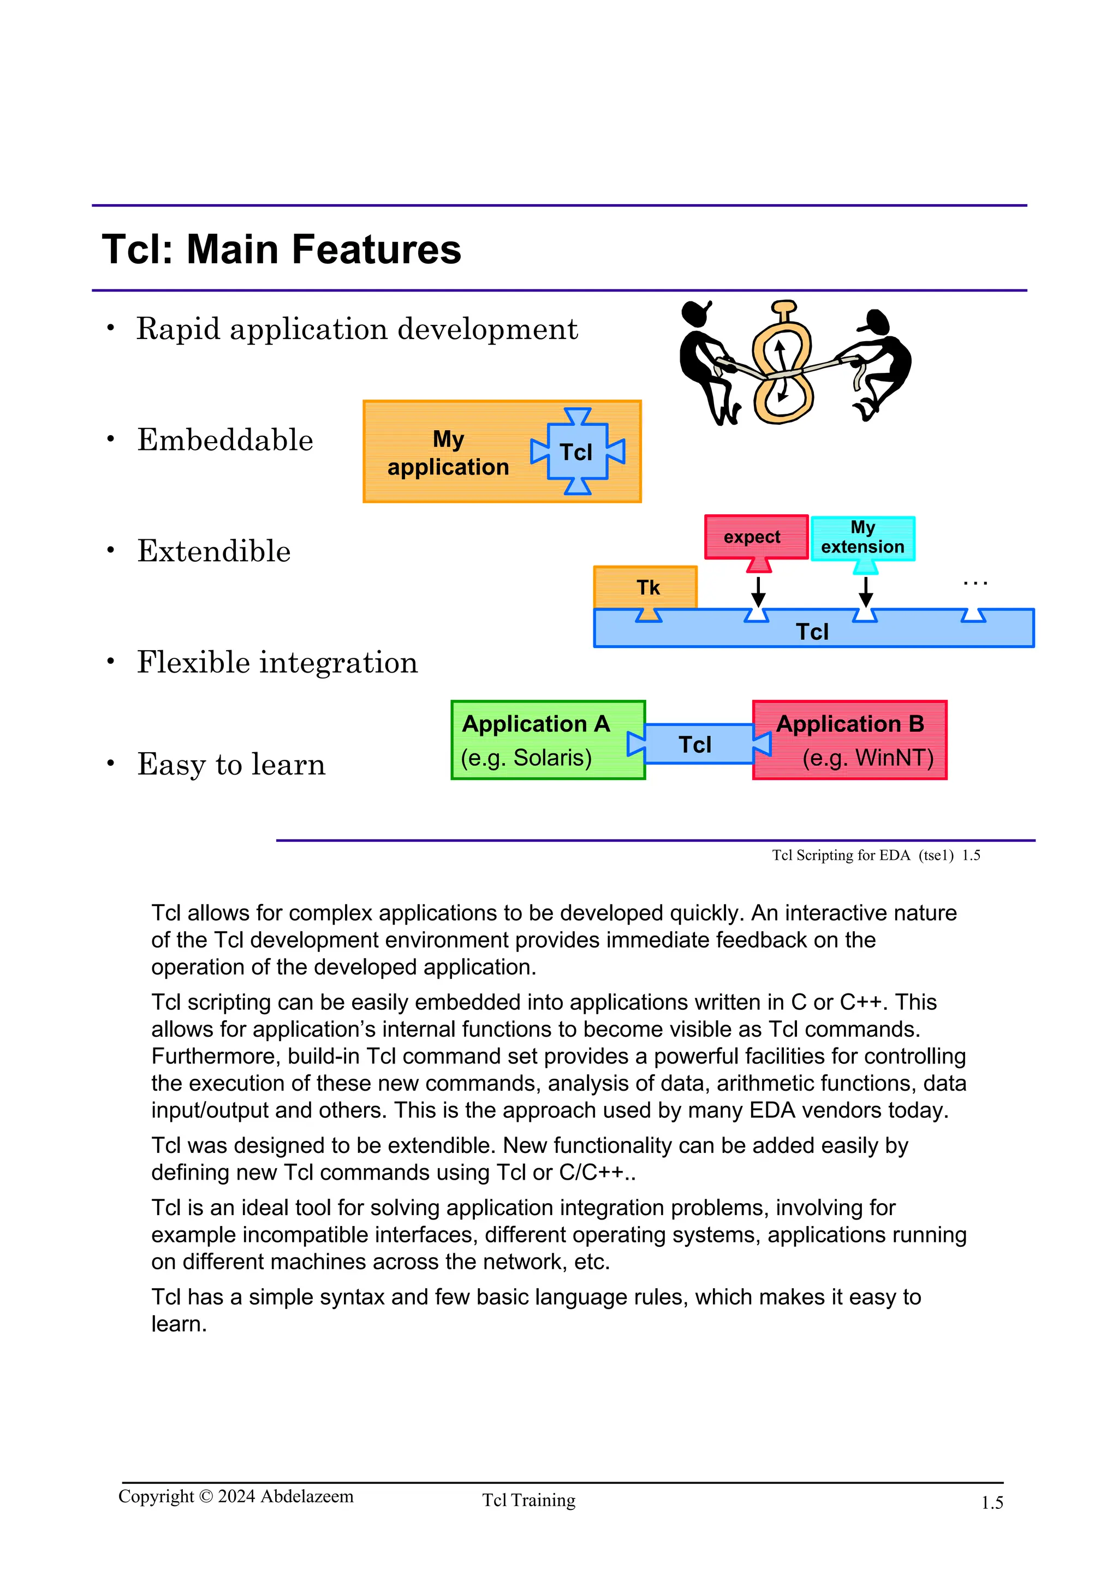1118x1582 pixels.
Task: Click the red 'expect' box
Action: pyautogui.click(x=756, y=537)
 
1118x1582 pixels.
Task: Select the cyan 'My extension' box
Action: pyautogui.click(x=863, y=538)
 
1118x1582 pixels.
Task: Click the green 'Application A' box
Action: pyautogui.click(x=548, y=740)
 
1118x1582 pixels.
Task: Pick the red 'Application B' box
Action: pyautogui.click(x=849, y=740)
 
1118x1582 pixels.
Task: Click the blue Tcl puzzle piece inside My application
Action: pyautogui.click(x=577, y=452)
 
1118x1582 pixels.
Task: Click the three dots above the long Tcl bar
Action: pyautogui.click(x=976, y=584)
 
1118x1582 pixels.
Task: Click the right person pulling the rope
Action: pyautogui.click(x=878, y=362)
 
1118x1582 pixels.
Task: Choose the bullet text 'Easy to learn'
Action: pyautogui.click(x=231, y=765)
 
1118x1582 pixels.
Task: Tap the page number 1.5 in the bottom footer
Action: pyautogui.click(x=991, y=1503)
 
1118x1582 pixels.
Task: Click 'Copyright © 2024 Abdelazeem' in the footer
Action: pyautogui.click(x=236, y=1496)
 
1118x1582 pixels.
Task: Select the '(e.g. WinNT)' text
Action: pyautogui.click(x=867, y=758)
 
